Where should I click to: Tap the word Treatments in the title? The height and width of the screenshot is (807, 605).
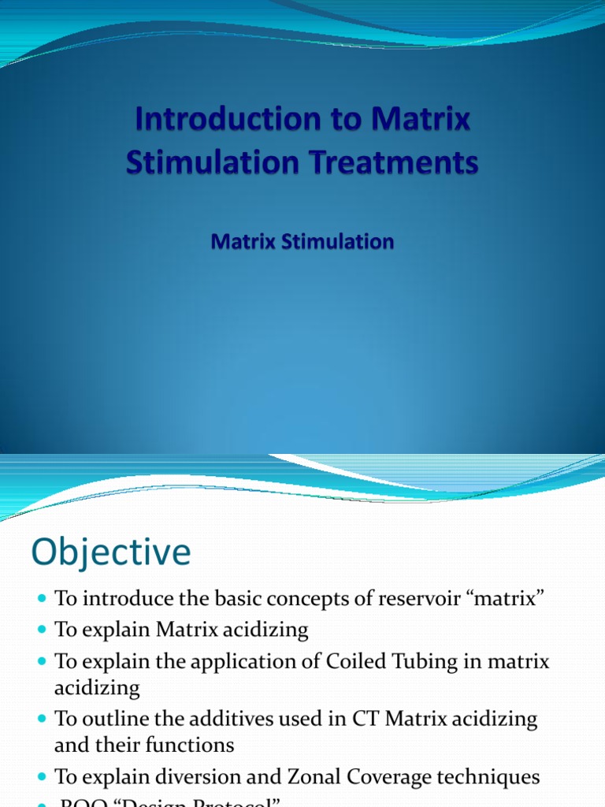click(x=395, y=163)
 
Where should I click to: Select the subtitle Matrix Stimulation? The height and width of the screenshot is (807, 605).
click(x=302, y=241)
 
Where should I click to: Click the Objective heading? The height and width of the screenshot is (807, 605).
click(x=111, y=552)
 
